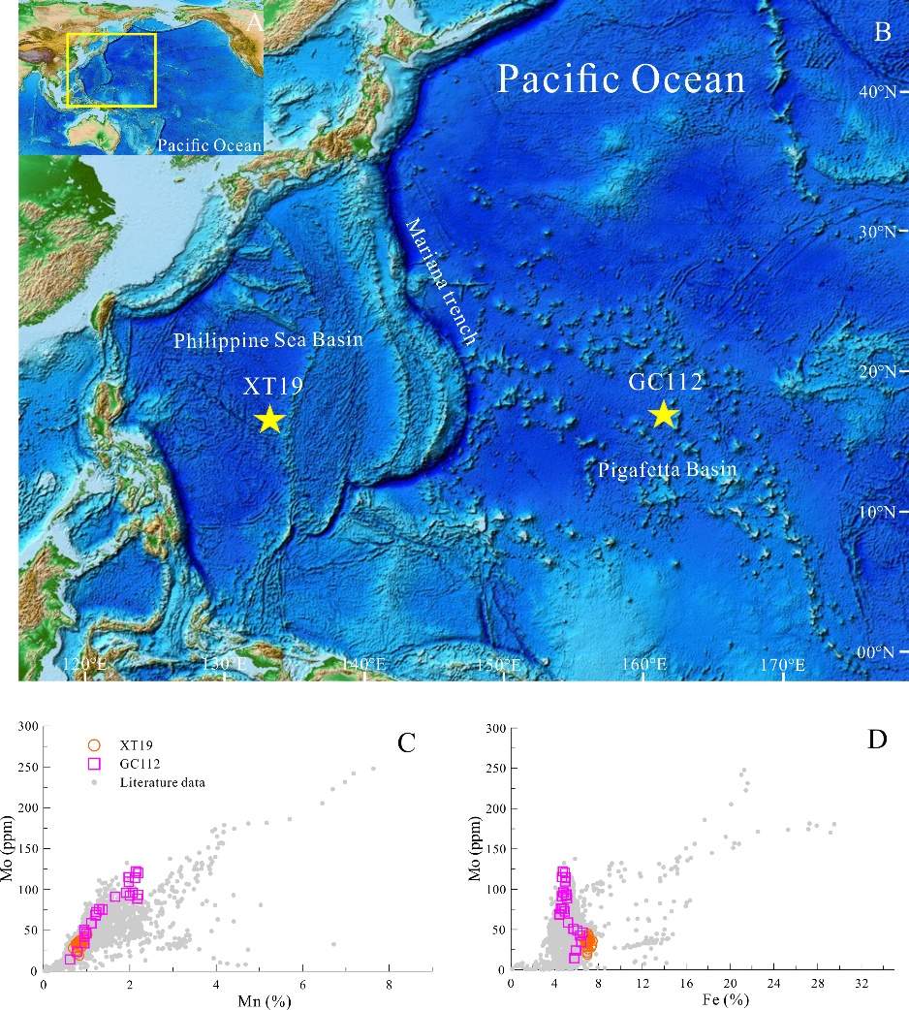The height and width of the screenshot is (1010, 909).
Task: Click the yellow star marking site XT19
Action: tap(269, 419)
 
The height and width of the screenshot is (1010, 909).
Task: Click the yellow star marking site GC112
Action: tap(663, 414)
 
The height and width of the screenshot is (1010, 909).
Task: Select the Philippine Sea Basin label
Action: tap(268, 341)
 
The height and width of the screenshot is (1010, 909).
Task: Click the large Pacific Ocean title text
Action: tap(621, 79)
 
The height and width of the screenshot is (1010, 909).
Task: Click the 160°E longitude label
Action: tap(643, 665)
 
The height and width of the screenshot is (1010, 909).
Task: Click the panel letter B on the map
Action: tap(882, 32)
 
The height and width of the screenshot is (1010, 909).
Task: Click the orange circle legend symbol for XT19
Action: tap(94, 744)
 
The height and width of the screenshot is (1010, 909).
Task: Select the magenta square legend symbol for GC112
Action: tap(94, 763)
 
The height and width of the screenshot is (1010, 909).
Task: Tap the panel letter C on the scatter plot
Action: tap(407, 742)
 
